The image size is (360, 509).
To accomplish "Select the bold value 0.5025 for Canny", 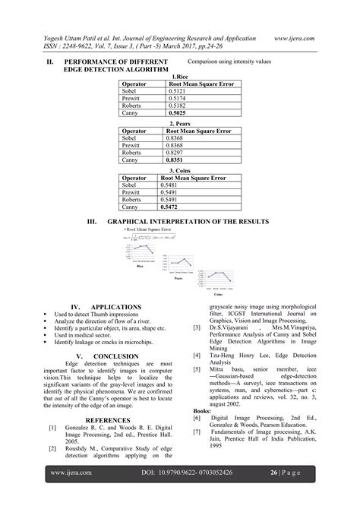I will click(x=179, y=112).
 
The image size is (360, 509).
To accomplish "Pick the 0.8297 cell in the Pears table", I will click(x=175, y=153).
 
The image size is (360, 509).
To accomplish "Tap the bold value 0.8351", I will click(x=175, y=160).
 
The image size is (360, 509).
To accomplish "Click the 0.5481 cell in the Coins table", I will click(x=172, y=185).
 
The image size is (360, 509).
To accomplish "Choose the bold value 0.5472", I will click(x=172, y=207).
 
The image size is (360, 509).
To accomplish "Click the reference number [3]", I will click(x=197, y=327).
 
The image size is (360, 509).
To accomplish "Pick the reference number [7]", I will click(x=197, y=432).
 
